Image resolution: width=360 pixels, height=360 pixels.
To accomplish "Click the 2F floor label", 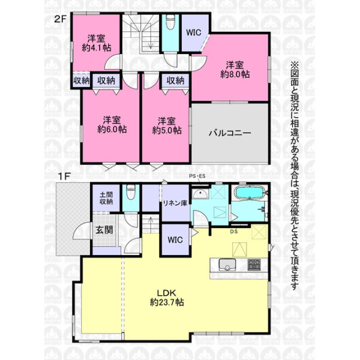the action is click(x=60, y=19).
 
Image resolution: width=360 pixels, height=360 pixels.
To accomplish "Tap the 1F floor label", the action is click(x=64, y=176).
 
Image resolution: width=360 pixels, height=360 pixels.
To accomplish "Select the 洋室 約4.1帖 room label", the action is click(x=97, y=43).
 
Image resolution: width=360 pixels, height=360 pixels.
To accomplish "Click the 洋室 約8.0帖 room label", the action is click(x=235, y=70).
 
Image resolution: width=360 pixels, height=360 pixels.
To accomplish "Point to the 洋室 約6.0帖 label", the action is click(x=112, y=125).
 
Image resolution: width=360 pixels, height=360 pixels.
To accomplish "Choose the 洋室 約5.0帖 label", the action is click(x=167, y=125).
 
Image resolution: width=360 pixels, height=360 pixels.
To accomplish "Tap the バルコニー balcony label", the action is click(x=230, y=133).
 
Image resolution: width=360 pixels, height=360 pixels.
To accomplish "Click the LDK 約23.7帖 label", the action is click(x=167, y=298).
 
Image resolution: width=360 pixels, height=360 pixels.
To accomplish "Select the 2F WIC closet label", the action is click(x=194, y=32).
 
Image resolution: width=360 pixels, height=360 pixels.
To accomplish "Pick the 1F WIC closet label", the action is click(x=175, y=240).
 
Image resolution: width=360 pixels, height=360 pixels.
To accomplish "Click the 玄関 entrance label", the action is click(x=104, y=230).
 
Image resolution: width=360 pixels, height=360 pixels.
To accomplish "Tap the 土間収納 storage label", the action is click(x=106, y=198).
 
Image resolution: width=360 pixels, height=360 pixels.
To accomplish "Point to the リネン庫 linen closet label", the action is click(x=175, y=203).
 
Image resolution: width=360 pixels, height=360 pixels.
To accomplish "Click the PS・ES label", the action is click(x=197, y=176).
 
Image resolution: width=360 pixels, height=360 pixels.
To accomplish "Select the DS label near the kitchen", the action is click(x=234, y=232).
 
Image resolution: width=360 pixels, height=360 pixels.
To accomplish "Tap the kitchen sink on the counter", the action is click(x=227, y=265).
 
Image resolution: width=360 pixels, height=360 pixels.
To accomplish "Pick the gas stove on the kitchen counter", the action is click(x=254, y=265).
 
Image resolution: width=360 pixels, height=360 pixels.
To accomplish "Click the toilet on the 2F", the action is click(x=170, y=22).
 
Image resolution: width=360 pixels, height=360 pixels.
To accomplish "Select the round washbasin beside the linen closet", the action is click(x=200, y=194).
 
